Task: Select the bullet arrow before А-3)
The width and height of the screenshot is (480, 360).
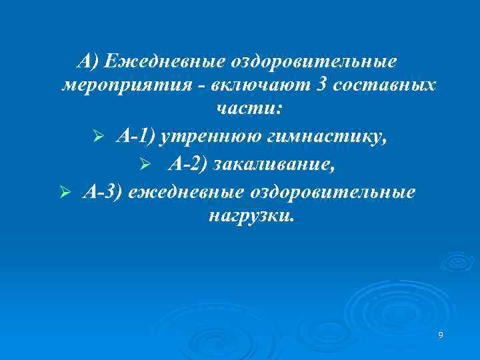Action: pos(64,193)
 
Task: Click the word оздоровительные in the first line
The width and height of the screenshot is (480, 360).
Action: pos(313,63)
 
